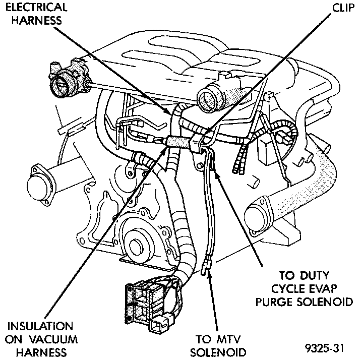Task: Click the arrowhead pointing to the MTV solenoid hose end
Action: [208, 275]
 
